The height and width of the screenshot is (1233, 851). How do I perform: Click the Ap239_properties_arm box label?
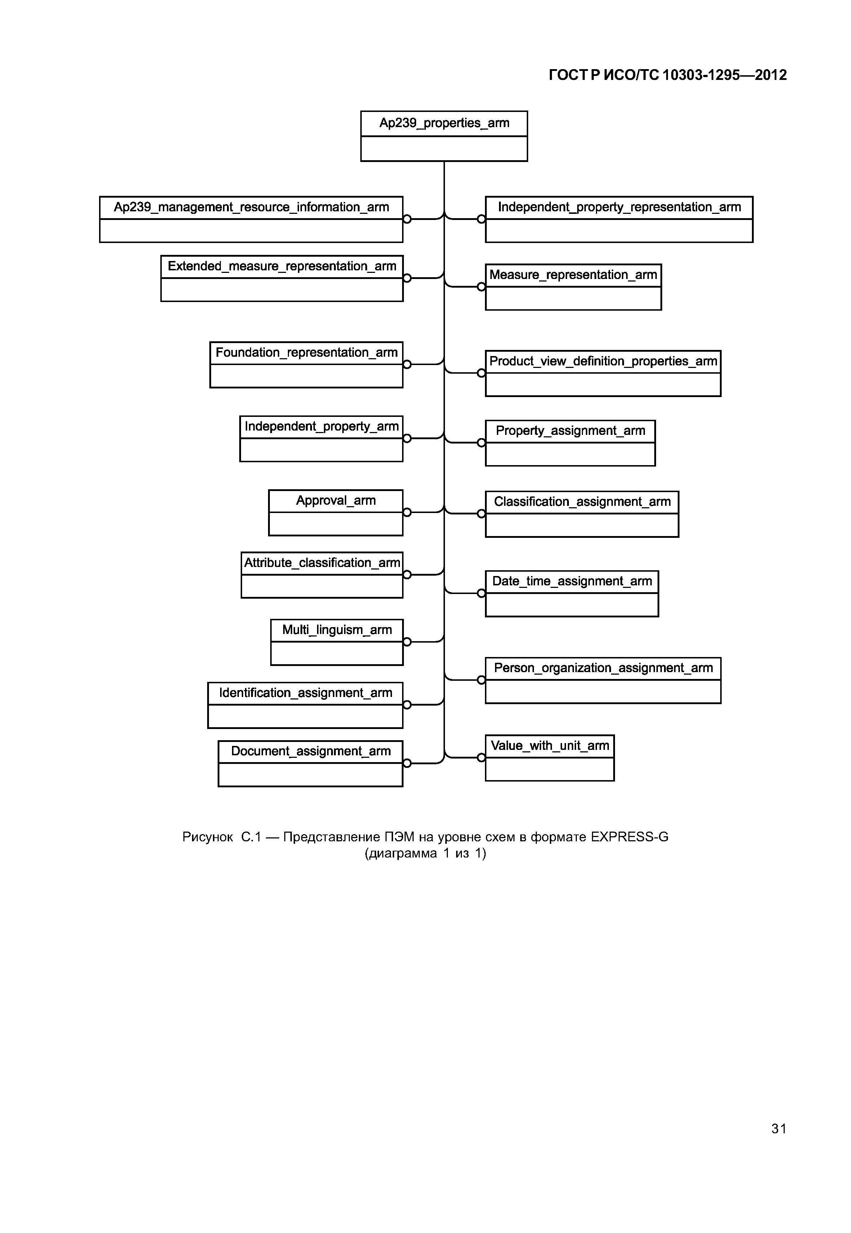coord(444,123)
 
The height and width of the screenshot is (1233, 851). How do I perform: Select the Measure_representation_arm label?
coord(573,275)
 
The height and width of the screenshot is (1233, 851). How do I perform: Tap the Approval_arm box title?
coord(336,500)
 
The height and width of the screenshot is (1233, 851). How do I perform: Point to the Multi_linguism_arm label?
coord(337,630)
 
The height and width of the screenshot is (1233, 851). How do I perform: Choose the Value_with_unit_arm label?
coord(550,746)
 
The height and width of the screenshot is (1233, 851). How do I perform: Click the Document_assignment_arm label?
coord(311,751)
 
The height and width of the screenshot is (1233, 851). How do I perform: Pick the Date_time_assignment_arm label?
coord(572,581)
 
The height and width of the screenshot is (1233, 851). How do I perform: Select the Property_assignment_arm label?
coord(571,431)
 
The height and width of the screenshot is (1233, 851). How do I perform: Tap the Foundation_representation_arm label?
coord(307,353)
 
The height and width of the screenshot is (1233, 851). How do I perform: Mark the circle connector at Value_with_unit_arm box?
coord(481,758)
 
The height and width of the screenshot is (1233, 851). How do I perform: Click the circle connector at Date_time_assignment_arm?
coord(481,594)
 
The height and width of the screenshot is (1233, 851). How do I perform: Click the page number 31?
coord(779,1129)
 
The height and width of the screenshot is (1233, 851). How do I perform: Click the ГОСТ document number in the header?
coord(668,75)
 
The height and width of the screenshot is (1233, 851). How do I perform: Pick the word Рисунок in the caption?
coord(208,837)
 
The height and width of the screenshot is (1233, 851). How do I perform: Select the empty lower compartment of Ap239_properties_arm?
coord(444,149)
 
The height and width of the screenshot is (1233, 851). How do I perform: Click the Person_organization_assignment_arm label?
coord(603,668)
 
